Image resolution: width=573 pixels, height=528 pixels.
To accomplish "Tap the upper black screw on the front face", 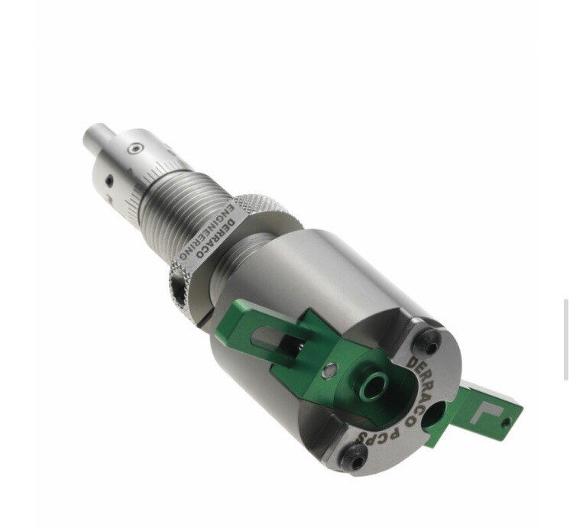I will point(432,344).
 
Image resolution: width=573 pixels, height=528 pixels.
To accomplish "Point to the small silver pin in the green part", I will point(328,372).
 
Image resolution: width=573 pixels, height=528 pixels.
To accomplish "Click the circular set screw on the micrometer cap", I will point(134,148).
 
